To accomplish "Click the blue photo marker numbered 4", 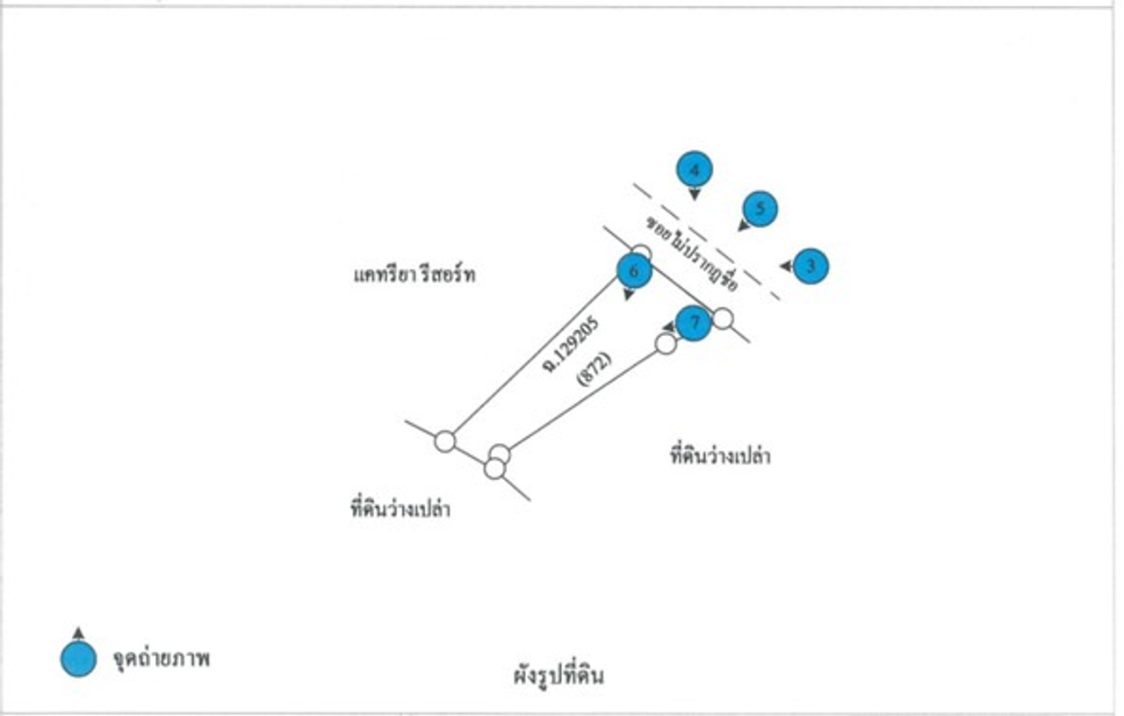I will [x=695, y=169].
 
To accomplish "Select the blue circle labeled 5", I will [x=760, y=209].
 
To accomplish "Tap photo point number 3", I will [x=811, y=265].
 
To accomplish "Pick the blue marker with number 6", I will [x=634, y=271].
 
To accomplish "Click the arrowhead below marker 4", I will [x=695, y=194].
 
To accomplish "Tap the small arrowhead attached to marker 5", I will [x=743, y=226].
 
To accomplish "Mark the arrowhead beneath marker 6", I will [x=629, y=296].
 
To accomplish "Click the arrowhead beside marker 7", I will [x=668, y=327].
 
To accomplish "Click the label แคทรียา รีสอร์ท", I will [x=408, y=276].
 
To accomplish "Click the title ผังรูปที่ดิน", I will [x=559, y=677].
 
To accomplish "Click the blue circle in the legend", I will [x=78, y=660].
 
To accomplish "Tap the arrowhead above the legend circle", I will [x=78, y=633].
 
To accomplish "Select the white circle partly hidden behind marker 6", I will [x=642, y=252].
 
